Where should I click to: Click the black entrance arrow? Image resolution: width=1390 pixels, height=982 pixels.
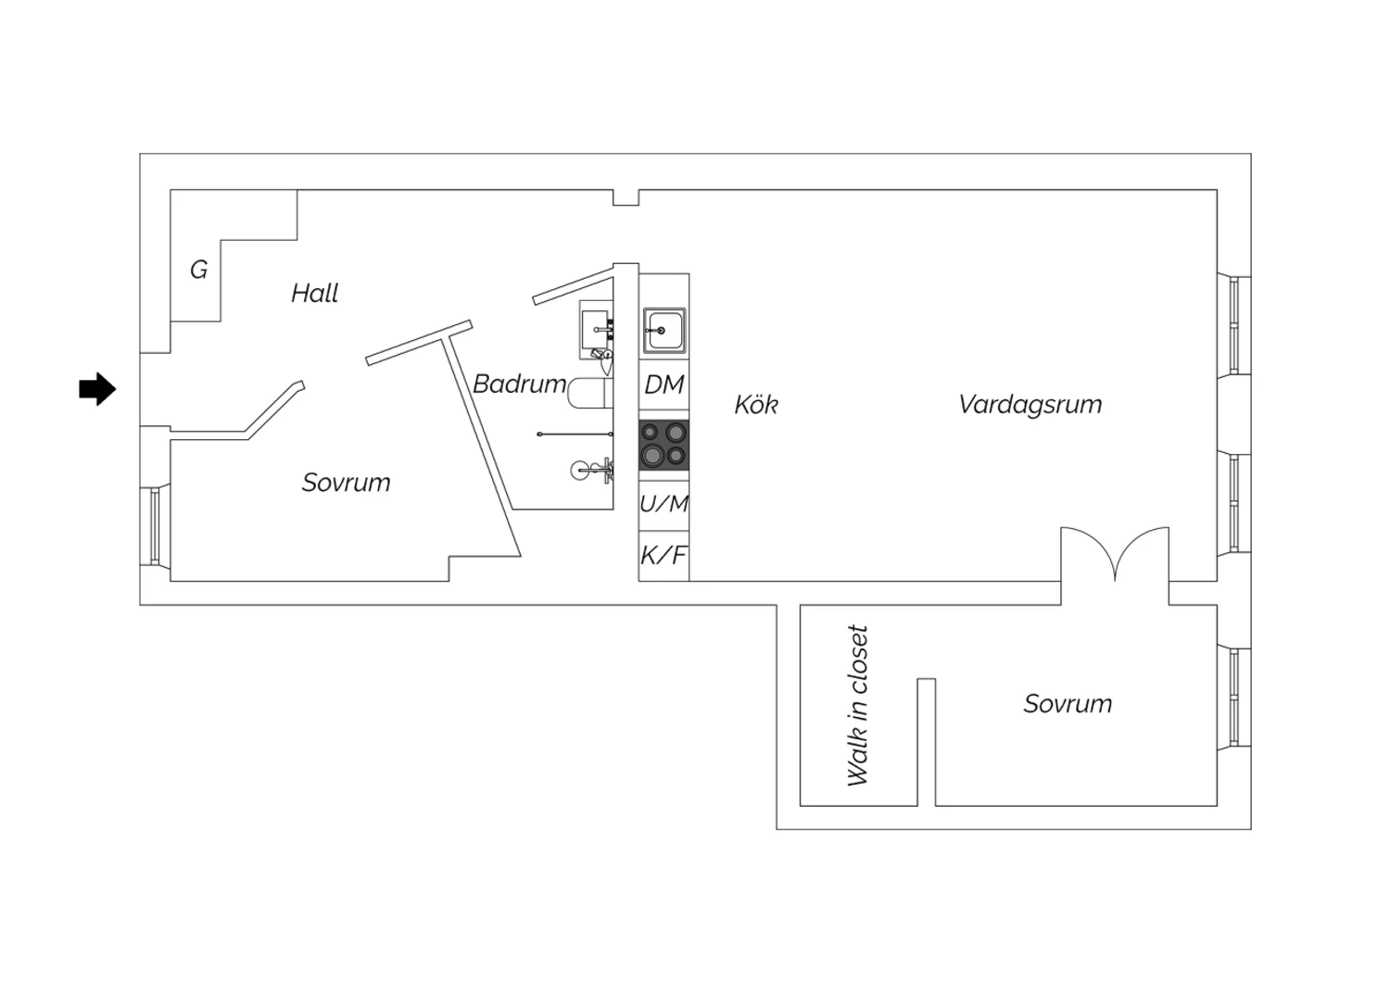[97, 389]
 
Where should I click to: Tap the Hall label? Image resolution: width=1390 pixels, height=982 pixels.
[315, 293]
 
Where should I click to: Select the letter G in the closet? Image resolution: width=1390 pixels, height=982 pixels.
[198, 270]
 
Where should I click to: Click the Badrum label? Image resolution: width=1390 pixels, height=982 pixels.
[519, 384]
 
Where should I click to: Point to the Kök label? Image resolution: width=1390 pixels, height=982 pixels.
[756, 405]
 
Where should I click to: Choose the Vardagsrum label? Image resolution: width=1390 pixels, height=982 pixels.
[1030, 405]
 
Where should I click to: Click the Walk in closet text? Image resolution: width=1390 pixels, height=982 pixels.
[857, 705]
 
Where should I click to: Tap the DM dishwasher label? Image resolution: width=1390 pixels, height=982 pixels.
[664, 384]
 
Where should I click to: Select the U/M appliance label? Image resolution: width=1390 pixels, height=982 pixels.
[664, 504]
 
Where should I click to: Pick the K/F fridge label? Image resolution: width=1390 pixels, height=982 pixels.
[663, 555]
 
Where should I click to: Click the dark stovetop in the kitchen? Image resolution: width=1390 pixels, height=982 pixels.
[664, 445]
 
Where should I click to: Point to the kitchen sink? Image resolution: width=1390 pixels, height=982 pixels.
[664, 330]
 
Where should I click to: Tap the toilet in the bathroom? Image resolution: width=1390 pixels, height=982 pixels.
[590, 394]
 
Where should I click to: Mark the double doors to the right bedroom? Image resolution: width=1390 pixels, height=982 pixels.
[1115, 555]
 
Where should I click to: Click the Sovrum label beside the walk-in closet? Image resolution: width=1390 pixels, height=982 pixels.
[1068, 703]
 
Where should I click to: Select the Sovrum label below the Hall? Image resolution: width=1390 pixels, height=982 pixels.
[347, 482]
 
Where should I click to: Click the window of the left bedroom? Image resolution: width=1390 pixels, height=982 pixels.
[155, 526]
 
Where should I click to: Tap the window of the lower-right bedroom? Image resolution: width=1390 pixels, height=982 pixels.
[1233, 698]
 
